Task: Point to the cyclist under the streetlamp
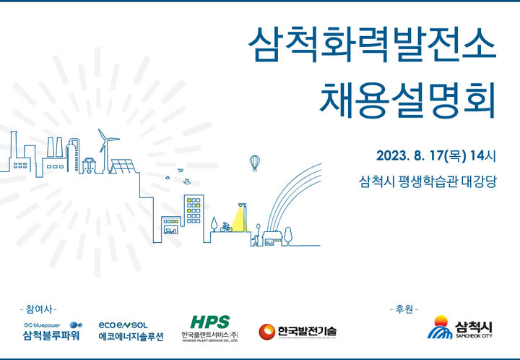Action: [x=227, y=226]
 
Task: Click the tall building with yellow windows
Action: [x=194, y=210]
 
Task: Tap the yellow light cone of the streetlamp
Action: [x=236, y=217]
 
